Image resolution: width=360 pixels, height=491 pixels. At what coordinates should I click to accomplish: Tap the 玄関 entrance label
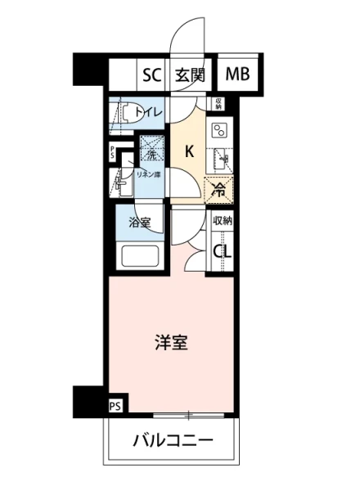(191, 76)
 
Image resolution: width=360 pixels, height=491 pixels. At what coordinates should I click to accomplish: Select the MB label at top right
(238, 76)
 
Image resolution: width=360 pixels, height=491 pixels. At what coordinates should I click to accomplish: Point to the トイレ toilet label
(150, 112)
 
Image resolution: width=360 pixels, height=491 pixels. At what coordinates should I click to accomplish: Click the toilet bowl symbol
(122, 113)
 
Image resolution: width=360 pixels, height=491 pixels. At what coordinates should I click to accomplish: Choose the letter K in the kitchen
(188, 151)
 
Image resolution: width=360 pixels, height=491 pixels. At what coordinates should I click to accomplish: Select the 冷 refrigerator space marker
(218, 190)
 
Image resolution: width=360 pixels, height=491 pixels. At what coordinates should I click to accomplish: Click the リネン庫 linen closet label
(149, 175)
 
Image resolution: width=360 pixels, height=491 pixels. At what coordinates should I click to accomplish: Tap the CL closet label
(222, 251)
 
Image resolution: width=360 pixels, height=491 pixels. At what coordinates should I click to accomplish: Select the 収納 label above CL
(222, 221)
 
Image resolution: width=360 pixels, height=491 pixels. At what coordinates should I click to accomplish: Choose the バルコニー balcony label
(173, 442)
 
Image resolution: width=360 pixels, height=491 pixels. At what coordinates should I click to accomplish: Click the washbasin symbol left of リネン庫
(120, 182)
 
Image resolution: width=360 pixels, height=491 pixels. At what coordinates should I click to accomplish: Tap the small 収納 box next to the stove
(218, 103)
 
